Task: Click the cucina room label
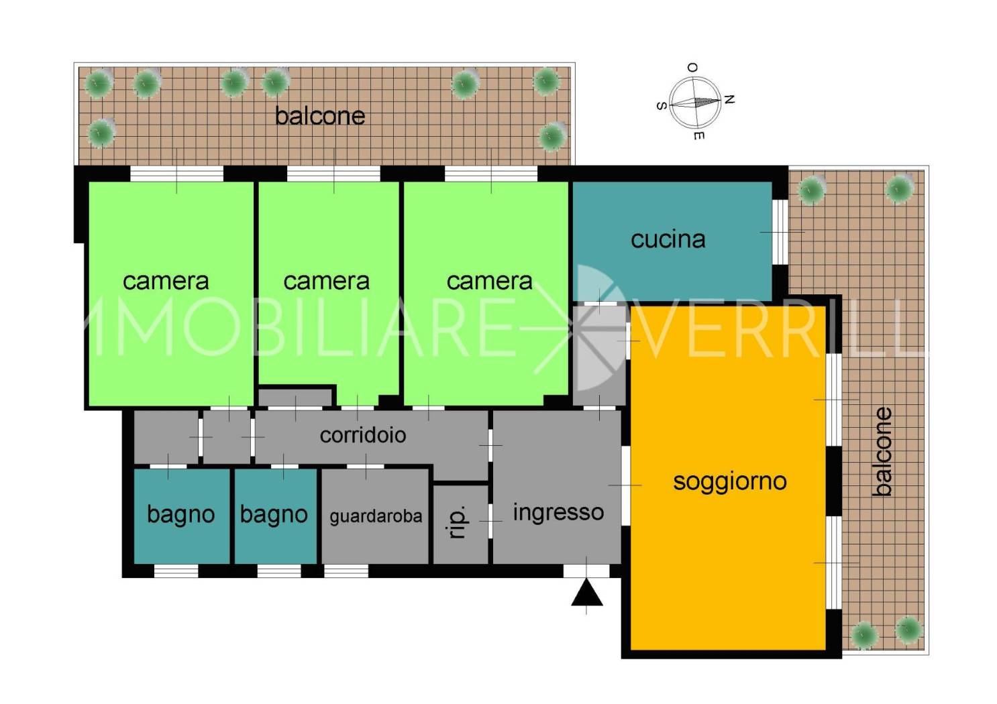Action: tap(668, 239)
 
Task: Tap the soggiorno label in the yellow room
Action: tap(729, 482)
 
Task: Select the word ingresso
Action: tap(558, 513)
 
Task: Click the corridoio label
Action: tap(363, 435)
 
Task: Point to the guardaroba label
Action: tap(376, 516)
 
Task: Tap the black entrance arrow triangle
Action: tap(586, 592)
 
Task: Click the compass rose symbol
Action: tap(695, 102)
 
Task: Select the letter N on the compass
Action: tap(729, 99)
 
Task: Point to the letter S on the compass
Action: tap(662, 106)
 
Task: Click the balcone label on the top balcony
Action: tap(319, 116)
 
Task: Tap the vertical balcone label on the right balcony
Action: tap(883, 451)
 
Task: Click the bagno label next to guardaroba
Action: tap(274, 514)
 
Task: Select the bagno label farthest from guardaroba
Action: tap(180, 514)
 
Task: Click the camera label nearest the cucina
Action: tap(489, 281)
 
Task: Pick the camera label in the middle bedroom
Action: tap(326, 281)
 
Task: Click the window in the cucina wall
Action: tap(780, 232)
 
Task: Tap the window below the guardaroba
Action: tap(346, 571)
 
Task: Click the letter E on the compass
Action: tap(698, 135)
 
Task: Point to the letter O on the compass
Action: tap(692, 68)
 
